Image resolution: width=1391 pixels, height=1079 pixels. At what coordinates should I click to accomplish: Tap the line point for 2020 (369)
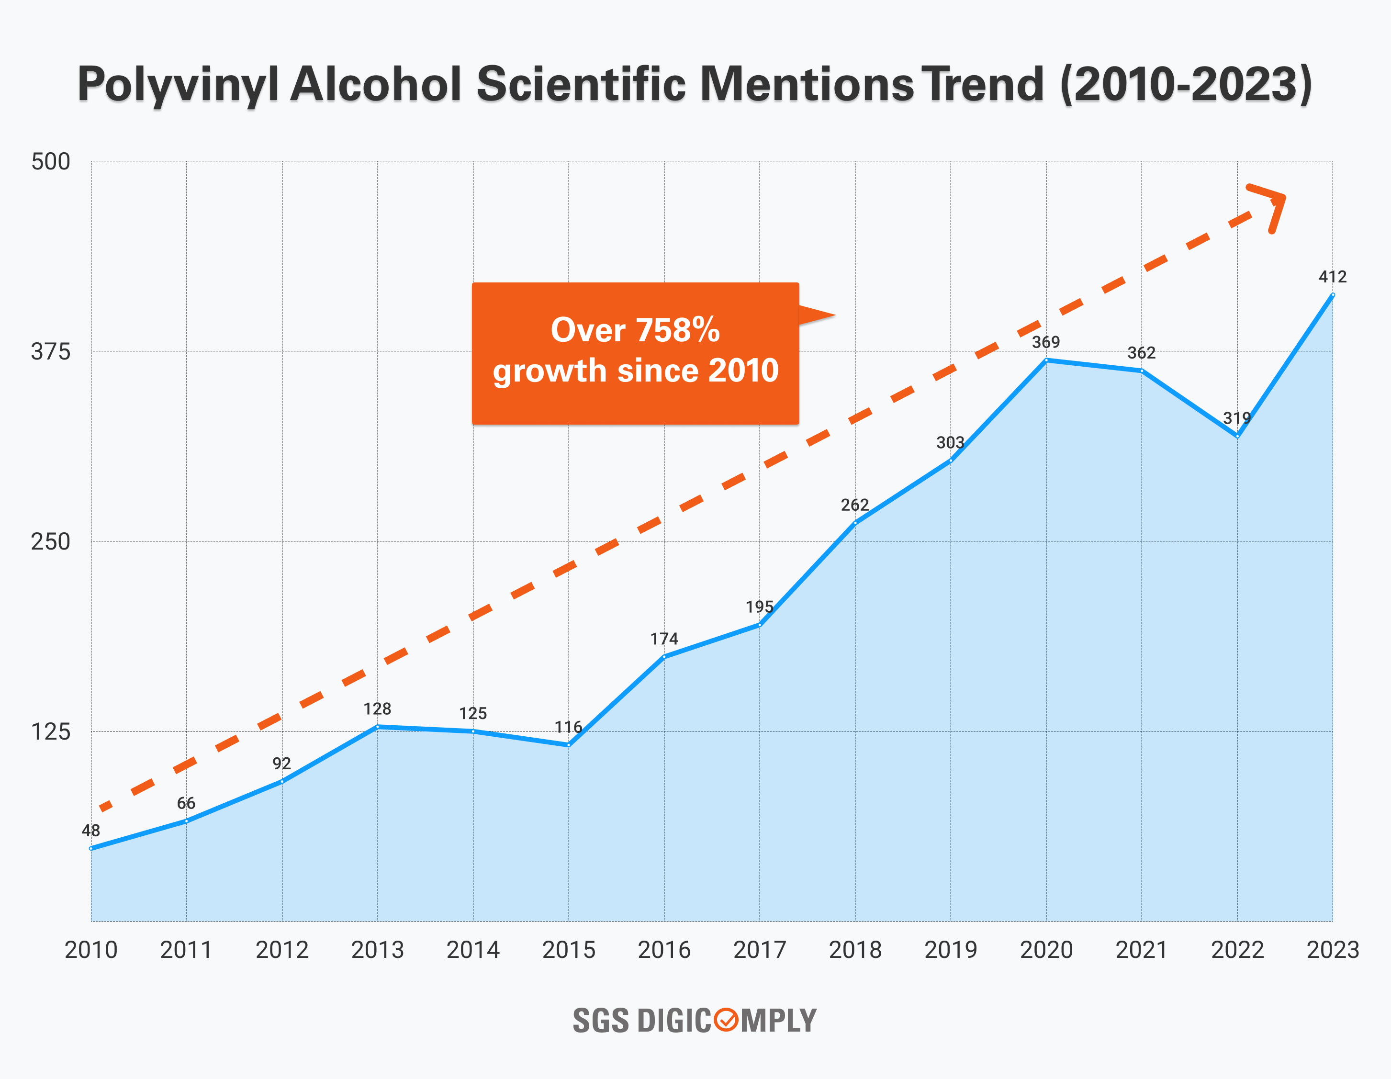pos(1046,360)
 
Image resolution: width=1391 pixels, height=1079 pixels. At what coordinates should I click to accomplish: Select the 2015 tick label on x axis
pos(568,950)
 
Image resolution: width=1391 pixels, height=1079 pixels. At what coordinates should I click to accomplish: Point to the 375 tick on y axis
pos(50,351)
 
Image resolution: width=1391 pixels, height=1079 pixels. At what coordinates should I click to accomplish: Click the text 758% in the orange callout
pos(678,330)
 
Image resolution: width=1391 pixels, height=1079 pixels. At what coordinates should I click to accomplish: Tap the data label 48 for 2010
pos(90,831)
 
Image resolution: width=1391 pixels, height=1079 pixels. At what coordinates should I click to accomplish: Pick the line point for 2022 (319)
pos(1237,436)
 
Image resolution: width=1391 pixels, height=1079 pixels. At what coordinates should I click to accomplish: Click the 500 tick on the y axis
pos(50,162)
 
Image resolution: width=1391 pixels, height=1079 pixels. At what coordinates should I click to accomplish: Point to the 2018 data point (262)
pos(855,523)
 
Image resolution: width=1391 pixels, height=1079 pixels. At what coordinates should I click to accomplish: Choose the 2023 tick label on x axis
pos(1333,950)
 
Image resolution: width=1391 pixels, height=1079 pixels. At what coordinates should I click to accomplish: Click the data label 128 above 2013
pos(377,709)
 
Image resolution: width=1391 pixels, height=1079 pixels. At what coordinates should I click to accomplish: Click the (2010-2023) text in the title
pos(1186,85)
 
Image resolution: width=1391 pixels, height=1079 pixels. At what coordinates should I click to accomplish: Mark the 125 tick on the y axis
pos(50,732)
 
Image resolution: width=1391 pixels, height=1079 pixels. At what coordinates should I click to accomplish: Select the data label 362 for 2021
pos(1141,353)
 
